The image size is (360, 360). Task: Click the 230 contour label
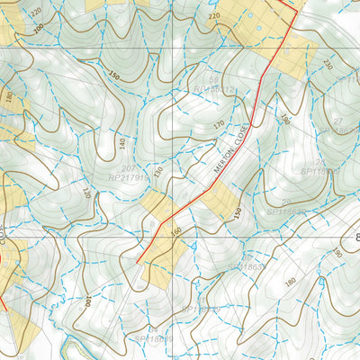click(x=327, y=64)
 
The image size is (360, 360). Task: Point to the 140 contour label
click(x=121, y=143)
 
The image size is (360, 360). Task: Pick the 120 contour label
click(x=87, y=193)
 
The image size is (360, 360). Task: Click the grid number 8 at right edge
click(x=354, y=237)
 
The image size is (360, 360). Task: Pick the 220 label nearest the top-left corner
click(x=35, y=10)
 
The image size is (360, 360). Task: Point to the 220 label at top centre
click(x=213, y=16)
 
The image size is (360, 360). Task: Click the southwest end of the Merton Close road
click(x=138, y=262)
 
